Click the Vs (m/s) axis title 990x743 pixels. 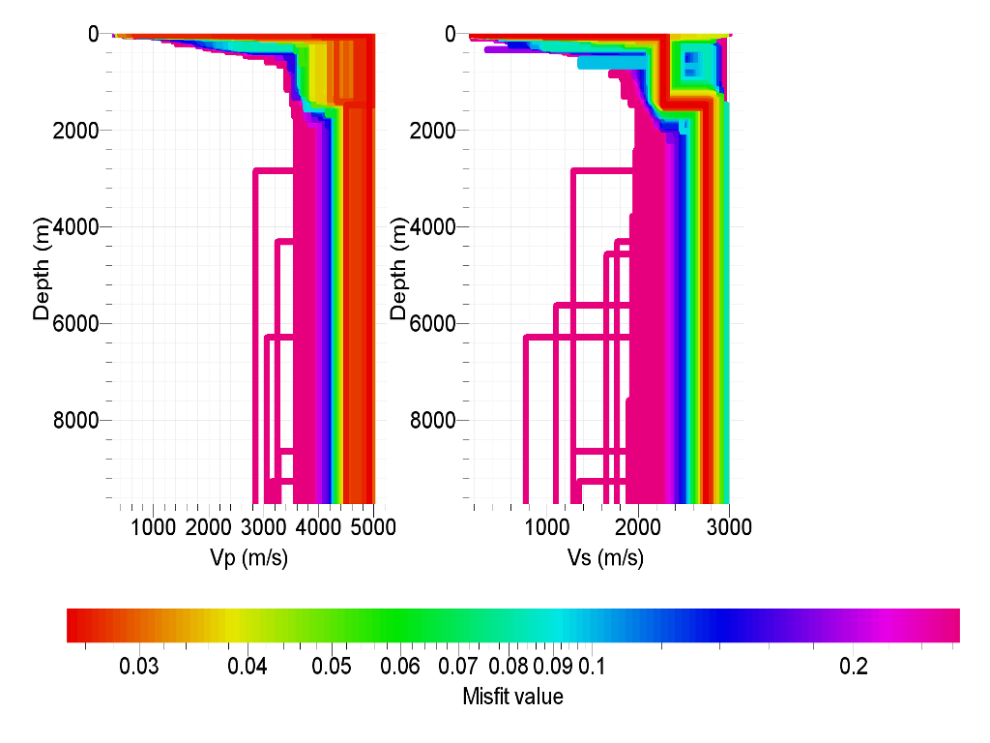[x=604, y=558]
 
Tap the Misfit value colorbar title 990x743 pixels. [x=512, y=697]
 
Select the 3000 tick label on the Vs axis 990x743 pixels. [x=730, y=527]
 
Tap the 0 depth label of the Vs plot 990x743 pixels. [x=451, y=34]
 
